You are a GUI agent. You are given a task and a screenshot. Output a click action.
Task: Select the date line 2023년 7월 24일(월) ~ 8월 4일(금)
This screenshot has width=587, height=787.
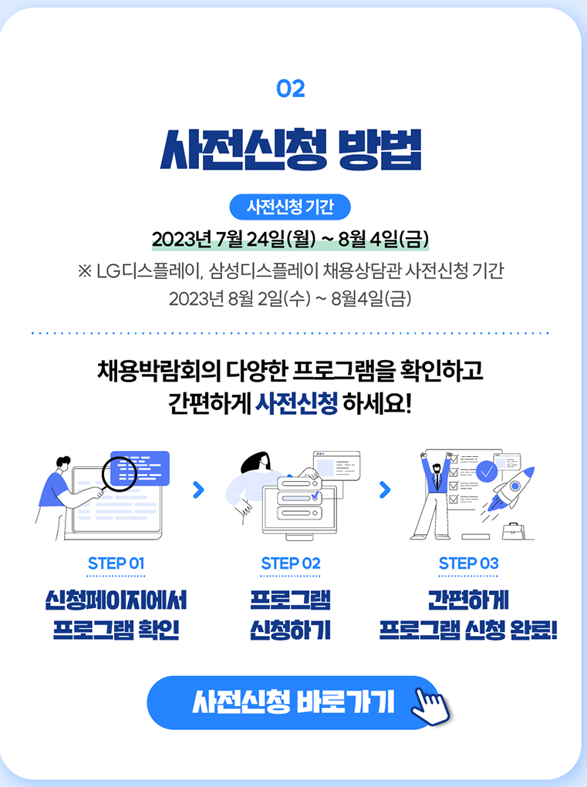coord(290,237)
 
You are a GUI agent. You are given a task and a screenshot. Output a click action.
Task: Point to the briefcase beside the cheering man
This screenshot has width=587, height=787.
coord(512,531)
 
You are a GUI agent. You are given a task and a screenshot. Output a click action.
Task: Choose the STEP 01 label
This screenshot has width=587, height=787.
coord(116,563)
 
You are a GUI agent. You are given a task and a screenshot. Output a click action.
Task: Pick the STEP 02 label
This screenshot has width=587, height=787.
coord(290,563)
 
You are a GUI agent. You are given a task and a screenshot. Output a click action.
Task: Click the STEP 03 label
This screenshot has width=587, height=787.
coord(468,563)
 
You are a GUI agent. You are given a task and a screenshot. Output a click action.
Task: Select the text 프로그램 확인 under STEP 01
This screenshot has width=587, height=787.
coord(116,630)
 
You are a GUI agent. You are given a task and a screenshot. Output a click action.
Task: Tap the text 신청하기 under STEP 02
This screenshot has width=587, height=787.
coord(290,630)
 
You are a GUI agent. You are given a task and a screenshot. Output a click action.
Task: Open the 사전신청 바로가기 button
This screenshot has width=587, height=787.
coord(293,702)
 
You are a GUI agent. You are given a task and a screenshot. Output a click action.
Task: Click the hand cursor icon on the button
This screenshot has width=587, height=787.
coord(430,704)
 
